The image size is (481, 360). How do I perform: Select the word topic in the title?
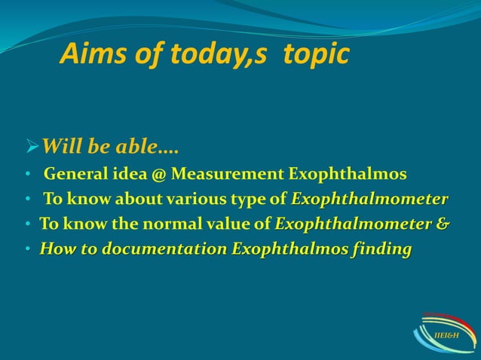(x=317, y=54)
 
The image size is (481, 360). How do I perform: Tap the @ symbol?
(x=159, y=176)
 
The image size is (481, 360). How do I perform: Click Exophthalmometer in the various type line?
(x=369, y=200)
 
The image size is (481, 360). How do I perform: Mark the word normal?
(x=155, y=224)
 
